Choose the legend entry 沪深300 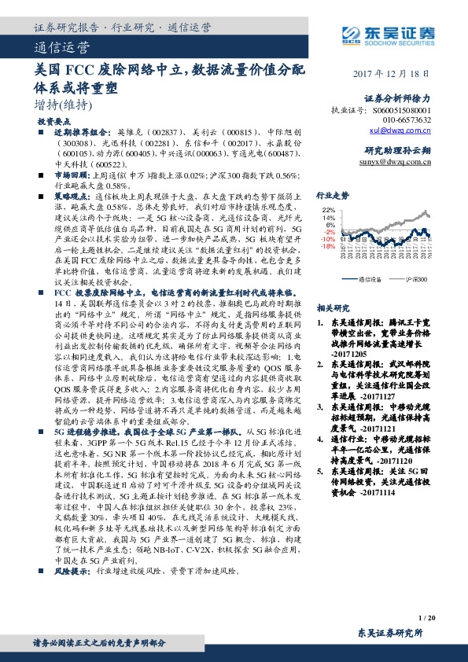[x=416, y=278]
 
